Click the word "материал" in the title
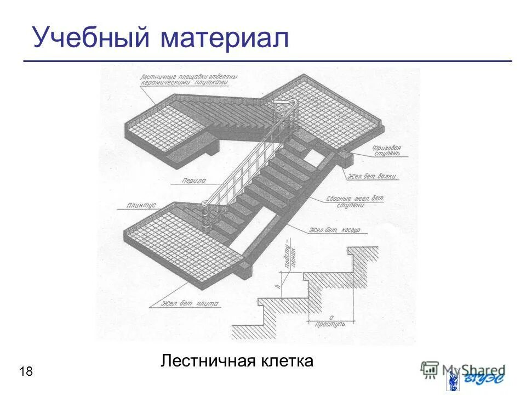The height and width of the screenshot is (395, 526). click(225, 37)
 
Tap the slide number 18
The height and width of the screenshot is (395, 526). click(26, 372)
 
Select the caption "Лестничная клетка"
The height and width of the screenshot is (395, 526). click(237, 361)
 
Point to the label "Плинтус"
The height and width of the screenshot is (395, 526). click(142, 205)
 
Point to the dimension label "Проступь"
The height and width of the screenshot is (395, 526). click(330, 324)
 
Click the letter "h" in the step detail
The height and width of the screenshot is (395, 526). click(278, 286)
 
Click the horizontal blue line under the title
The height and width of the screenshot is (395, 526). click(267, 61)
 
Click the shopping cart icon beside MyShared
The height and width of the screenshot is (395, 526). click(430, 370)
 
